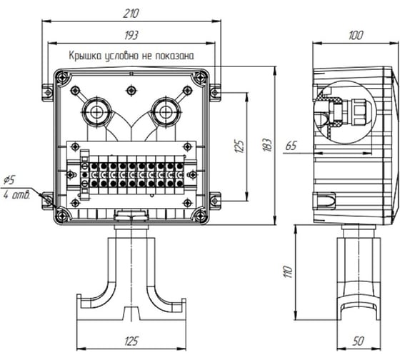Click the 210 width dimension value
(131, 14)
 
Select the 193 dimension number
(131, 35)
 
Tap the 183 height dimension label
(267, 145)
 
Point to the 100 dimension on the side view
(356, 35)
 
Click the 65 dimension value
(291, 146)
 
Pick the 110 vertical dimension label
(287, 271)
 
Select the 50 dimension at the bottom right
(358, 341)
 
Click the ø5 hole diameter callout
(10, 181)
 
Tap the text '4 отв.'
(16, 196)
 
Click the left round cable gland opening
(96, 111)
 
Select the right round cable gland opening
(166, 111)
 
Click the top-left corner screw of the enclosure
(62, 77)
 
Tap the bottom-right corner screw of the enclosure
(200, 216)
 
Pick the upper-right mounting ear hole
(215, 92)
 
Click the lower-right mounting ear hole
(215, 201)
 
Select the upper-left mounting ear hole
(48, 92)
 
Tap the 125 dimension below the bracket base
(131, 341)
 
